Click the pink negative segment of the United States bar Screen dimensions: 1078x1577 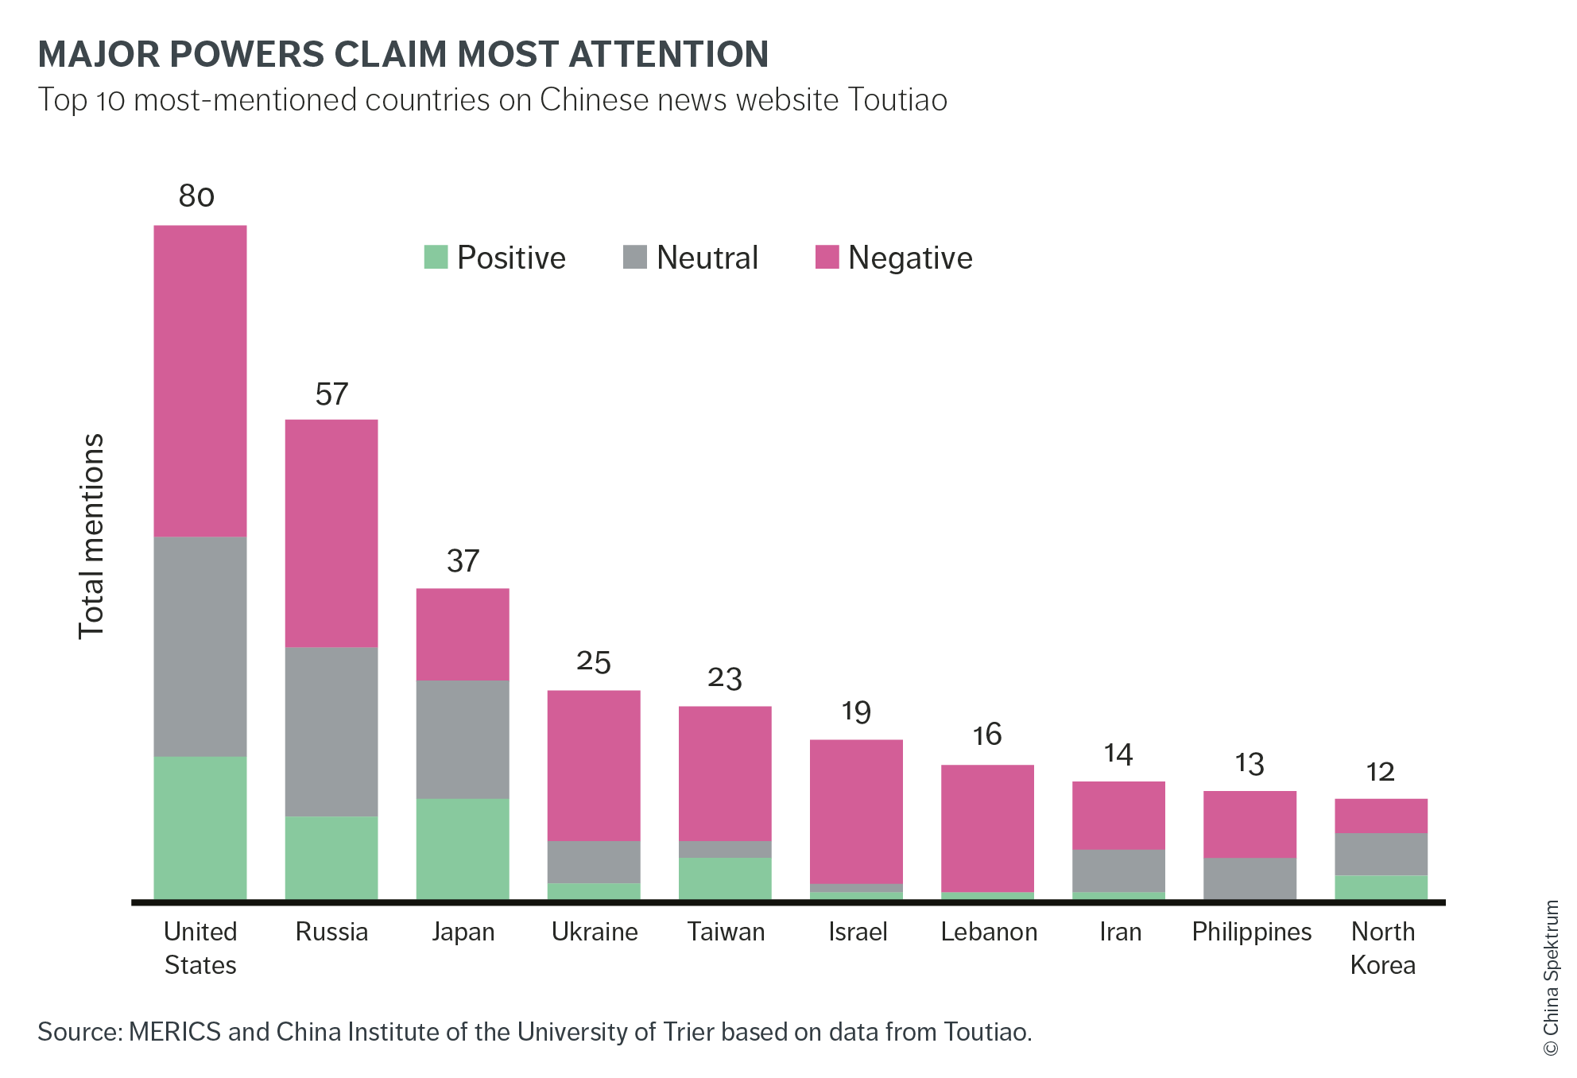200,381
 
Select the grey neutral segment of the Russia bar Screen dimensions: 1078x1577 331,731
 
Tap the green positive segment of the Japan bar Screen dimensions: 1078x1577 462,848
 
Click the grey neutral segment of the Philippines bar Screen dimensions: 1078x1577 1250,878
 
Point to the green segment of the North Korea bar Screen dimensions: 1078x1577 1381,886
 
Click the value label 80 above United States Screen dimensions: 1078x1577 196,196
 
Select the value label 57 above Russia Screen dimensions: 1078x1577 331,394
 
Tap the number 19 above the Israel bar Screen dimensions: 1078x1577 856,712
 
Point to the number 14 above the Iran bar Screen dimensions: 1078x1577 1118,754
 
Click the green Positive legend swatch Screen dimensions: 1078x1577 436,257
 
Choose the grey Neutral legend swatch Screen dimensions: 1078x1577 635,257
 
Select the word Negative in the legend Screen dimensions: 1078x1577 910,258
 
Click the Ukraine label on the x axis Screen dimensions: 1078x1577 595,932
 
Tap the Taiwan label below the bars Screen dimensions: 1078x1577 726,932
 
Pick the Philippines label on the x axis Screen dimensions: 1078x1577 1251,932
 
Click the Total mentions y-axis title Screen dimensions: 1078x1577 91,537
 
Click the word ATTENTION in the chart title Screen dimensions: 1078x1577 668,54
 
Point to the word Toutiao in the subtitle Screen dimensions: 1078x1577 897,100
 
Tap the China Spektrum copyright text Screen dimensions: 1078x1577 1551,978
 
